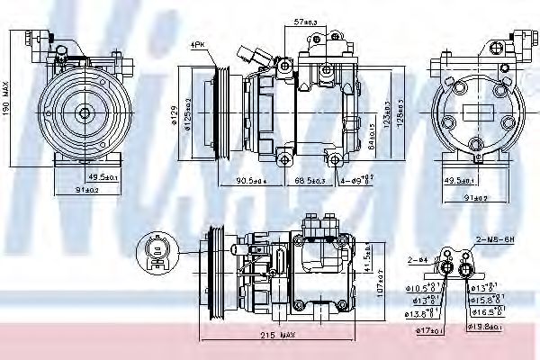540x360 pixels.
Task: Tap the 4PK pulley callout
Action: tap(197, 44)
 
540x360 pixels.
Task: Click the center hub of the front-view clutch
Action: tap(83, 112)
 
